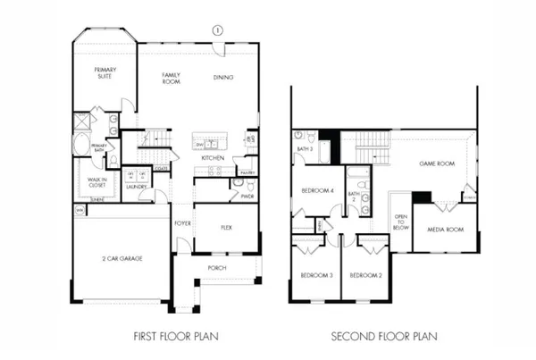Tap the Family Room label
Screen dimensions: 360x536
point(172,77)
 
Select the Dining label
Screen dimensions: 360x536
point(223,78)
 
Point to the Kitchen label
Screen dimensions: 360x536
point(212,158)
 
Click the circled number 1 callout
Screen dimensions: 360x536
point(216,29)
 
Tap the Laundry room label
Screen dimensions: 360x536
point(136,188)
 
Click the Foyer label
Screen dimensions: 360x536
point(181,222)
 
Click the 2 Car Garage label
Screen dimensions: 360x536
point(121,258)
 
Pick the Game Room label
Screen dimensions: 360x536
point(438,164)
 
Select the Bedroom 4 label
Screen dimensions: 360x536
point(317,191)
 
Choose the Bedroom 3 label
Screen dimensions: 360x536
point(316,275)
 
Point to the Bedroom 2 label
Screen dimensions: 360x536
point(365,275)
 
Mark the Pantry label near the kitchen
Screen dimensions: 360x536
point(247,172)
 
